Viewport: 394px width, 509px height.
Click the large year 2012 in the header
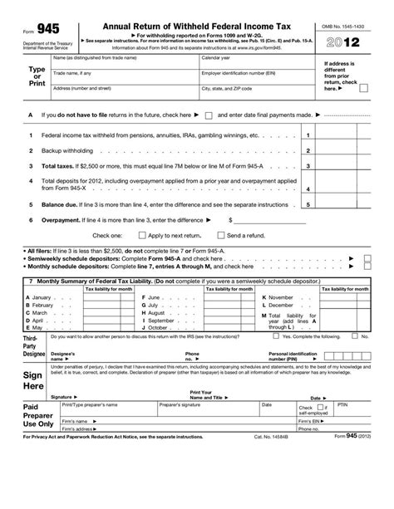pos(345,40)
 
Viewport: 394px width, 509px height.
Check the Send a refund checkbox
pos(221,236)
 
